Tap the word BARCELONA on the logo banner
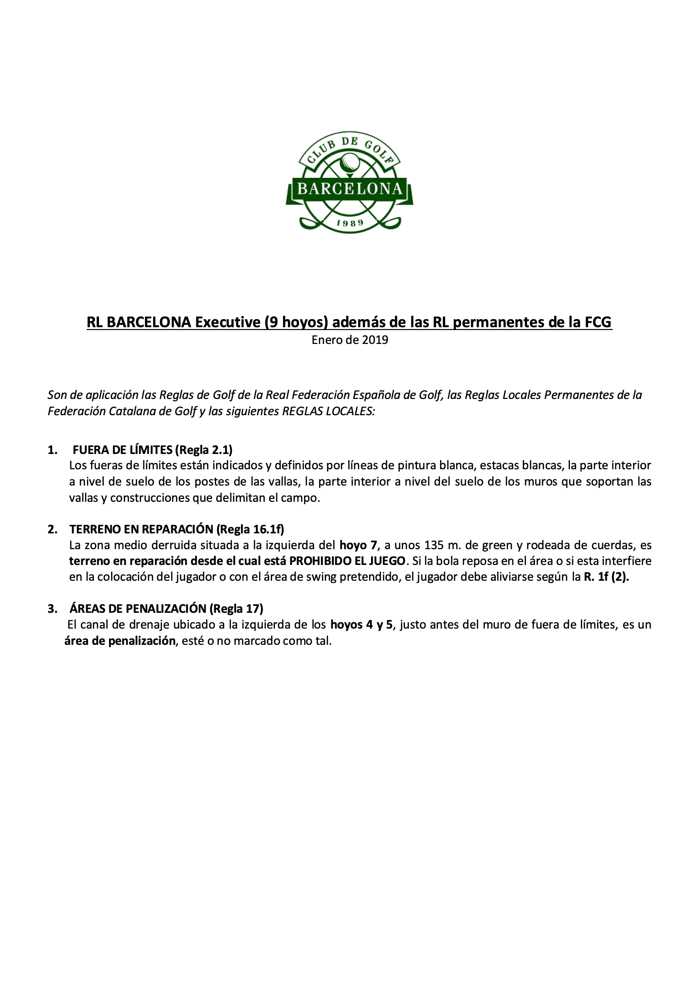click(350, 189)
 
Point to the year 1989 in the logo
click(350, 222)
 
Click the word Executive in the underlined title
click(227, 322)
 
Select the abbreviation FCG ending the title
click(598, 322)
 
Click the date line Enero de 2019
click(350, 340)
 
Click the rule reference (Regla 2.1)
click(204, 450)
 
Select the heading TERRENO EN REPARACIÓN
click(141, 529)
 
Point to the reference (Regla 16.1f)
click(250, 529)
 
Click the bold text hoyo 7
click(359, 545)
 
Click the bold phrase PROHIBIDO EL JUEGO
click(348, 561)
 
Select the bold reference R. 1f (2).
click(606, 577)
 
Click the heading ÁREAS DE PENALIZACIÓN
click(138, 608)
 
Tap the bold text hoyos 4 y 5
click(362, 625)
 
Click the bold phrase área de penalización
click(120, 641)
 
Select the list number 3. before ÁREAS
click(52, 608)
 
